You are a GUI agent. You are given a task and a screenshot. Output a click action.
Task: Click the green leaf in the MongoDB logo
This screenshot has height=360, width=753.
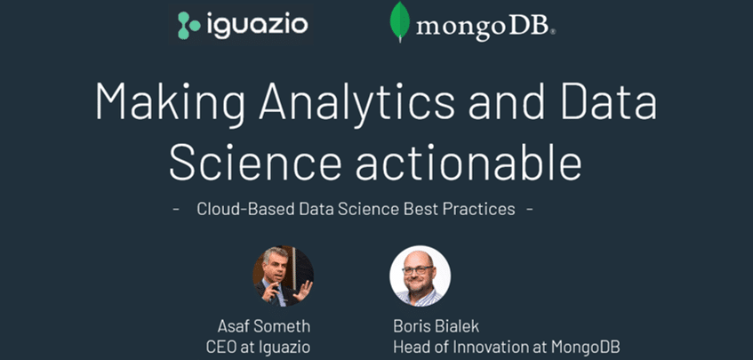400,22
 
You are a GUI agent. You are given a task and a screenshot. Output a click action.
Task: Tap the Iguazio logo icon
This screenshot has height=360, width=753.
189,25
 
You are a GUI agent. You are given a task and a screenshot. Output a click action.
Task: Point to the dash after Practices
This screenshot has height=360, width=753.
531,210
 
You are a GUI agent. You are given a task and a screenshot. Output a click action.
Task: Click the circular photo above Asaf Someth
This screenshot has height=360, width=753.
283,276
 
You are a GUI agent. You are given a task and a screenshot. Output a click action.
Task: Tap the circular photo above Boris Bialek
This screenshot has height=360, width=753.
420,276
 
